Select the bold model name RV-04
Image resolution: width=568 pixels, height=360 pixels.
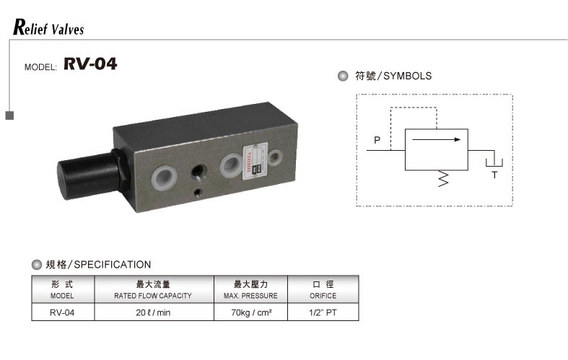tap(90, 65)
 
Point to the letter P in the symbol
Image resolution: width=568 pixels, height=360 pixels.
tap(377, 139)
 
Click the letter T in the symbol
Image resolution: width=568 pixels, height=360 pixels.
tap(494, 175)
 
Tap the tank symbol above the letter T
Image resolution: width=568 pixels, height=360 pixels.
tap(494, 160)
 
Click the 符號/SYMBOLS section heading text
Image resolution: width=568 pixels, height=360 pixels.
tap(393, 76)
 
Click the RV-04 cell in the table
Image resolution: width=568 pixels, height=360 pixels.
tap(62, 313)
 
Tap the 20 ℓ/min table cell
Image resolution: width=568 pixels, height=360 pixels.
tap(152, 313)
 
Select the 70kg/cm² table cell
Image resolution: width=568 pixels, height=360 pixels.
tap(251, 313)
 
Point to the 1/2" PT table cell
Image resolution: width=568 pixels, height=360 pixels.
tap(323, 313)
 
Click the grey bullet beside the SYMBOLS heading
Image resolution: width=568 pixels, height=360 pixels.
tap(342, 76)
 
